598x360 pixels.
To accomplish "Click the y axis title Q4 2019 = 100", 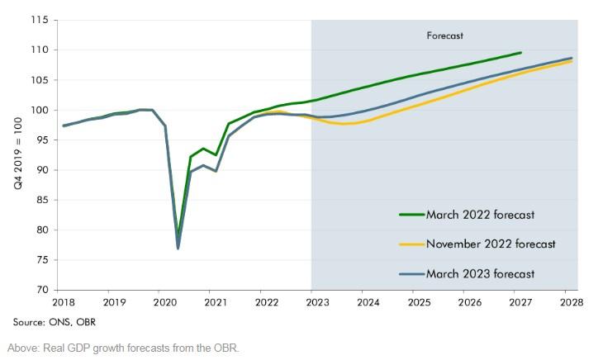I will (x=18, y=155).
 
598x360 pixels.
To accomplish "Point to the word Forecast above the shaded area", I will (x=445, y=36).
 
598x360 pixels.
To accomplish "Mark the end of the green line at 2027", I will (x=520, y=53).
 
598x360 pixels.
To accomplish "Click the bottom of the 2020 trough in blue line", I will (x=178, y=248).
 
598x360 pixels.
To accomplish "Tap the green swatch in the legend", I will (x=411, y=215).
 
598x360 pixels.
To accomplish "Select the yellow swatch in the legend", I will (x=411, y=244).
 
